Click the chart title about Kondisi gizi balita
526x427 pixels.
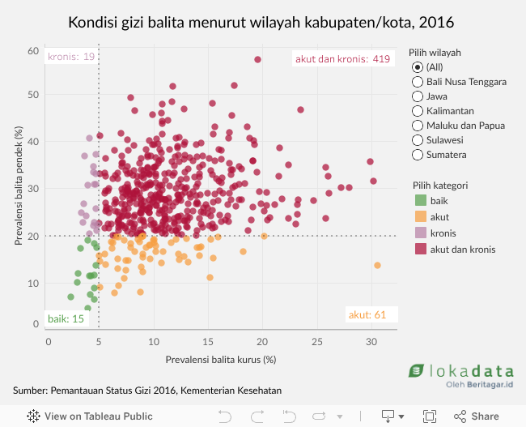tap(261, 21)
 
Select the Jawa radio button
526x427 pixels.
tap(417, 96)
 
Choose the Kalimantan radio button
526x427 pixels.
tap(417, 110)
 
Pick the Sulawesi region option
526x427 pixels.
tap(417, 139)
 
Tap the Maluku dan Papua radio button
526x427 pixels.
tap(417, 125)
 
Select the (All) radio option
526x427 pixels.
tap(417, 66)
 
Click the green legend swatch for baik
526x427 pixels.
tap(418, 201)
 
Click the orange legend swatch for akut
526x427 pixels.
tap(418, 217)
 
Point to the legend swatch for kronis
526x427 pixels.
tap(418, 233)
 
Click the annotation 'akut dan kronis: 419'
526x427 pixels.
tap(343, 58)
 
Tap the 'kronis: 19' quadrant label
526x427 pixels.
tap(71, 57)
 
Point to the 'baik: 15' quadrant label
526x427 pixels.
tap(66, 318)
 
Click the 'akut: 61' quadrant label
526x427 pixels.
tap(367, 314)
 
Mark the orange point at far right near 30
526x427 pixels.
tap(377, 266)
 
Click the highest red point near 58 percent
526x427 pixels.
tap(258, 59)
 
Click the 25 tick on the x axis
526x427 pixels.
tap(317, 341)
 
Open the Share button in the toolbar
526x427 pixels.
tap(477, 416)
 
